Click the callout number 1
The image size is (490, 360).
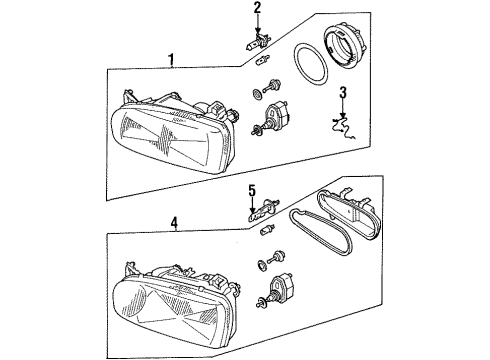[171, 60]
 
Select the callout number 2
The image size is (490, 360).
[257, 8]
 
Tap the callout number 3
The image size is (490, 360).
[343, 93]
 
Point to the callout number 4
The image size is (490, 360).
[174, 222]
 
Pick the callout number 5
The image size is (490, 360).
[252, 191]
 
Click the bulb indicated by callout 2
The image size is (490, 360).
[256, 42]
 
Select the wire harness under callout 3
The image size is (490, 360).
[344, 127]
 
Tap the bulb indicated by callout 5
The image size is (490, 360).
[263, 210]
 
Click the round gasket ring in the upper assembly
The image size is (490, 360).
[311, 63]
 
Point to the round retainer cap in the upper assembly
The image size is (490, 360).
[345, 47]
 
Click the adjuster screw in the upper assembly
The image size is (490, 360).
[272, 86]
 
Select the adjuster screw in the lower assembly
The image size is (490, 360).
[278, 257]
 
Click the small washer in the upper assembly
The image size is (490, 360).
[257, 94]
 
